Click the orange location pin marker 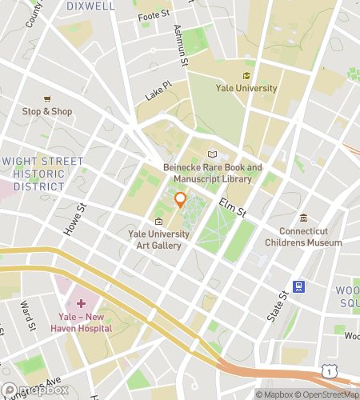point(181,200)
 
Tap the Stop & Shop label point(47,111)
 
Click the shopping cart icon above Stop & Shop point(47,98)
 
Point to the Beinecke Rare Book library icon point(212,154)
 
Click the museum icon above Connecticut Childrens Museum point(303,218)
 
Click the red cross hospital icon point(80,304)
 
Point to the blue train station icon point(298,286)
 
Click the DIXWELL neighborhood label point(91,6)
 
